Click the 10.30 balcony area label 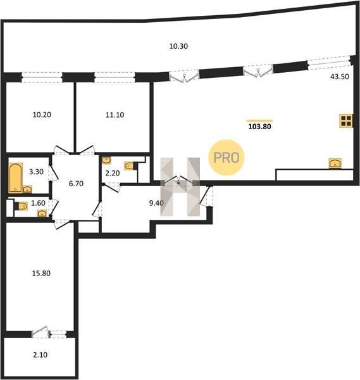pyautogui.click(x=178, y=46)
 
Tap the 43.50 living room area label pyautogui.click(x=340, y=77)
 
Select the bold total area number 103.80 pyautogui.click(x=259, y=127)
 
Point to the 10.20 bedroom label pyautogui.click(x=42, y=115)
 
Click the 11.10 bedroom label pyautogui.click(x=115, y=115)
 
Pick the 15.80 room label pyautogui.click(x=41, y=274)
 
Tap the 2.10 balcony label pyautogui.click(x=40, y=355)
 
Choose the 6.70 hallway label pyautogui.click(x=76, y=184)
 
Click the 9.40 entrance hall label pyautogui.click(x=156, y=203)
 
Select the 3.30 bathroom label pyautogui.click(x=36, y=172)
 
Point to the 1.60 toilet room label pyautogui.click(x=38, y=203)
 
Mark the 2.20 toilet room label pyautogui.click(x=113, y=173)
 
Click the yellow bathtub pyautogui.click(x=15, y=178)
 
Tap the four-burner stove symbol pyautogui.click(x=346, y=121)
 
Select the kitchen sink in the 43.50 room pyautogui.click(x=335, y=163)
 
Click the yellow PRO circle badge pyautogui.click(x=227, y=158)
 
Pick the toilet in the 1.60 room pyautogui.click(x=22, y=206)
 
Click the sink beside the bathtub pyautogui.click(x=27, y=189)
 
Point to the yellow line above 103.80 pyautogui.click(x=259, y=120)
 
